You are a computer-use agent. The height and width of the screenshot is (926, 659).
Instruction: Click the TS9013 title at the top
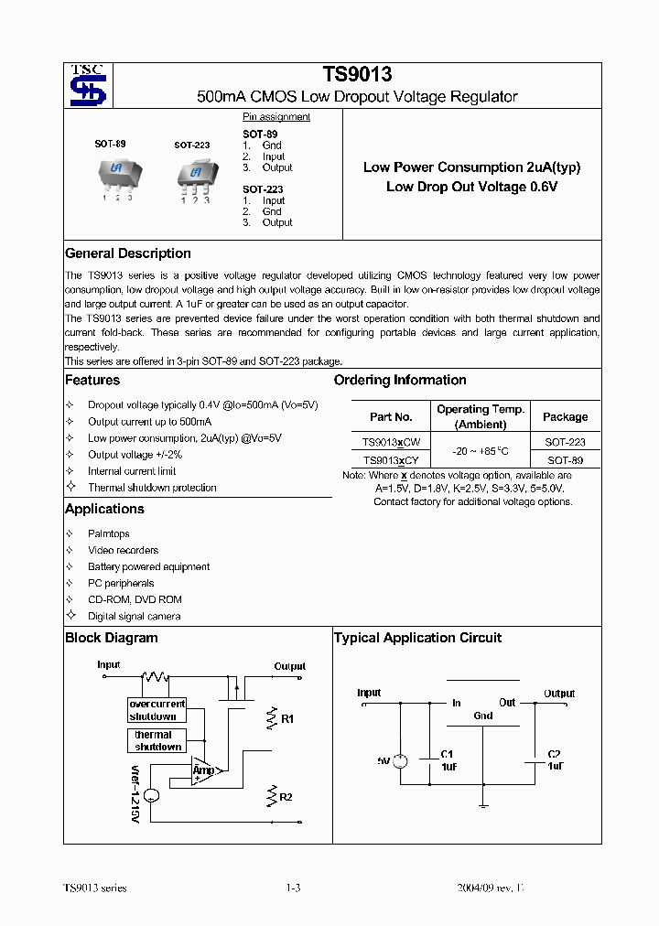click(x=357, y=75)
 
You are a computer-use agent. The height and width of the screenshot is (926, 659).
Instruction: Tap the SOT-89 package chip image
click(x=116, y=172)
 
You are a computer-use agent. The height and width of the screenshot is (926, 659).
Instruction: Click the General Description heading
click(x=128, y=253)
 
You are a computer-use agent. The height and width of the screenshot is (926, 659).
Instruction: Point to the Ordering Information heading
click(x=400, y=380)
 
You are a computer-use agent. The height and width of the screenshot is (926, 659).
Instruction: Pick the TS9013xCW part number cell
click(x=391, y=441)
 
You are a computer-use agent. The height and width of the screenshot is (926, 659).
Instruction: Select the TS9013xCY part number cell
click(x=391, y=460)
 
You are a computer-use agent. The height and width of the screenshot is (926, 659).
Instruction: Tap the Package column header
click(x=565, y=416)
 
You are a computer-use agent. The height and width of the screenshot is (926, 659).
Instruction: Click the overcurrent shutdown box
click(x=157, y=710)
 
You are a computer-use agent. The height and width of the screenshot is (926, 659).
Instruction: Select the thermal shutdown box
click(x=157, y=740)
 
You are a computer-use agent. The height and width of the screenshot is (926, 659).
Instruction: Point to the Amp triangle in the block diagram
click(x=204, y=770)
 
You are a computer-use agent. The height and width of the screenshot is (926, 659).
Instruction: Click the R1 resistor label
click(x=286, y=719)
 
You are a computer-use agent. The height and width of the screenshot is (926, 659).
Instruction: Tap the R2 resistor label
click(x=286, y=797)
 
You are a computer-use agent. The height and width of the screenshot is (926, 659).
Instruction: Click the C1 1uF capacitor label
click(x=448, y=760)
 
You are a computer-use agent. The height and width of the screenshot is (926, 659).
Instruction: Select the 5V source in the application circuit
click(x=399, y=761)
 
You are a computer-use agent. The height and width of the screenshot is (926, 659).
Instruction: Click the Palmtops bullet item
click(x=108, y=533)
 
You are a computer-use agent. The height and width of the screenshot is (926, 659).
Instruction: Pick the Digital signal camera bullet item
click(x=134, y=616)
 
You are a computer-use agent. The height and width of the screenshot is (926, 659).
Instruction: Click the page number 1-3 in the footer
click(x=293, y=888)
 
